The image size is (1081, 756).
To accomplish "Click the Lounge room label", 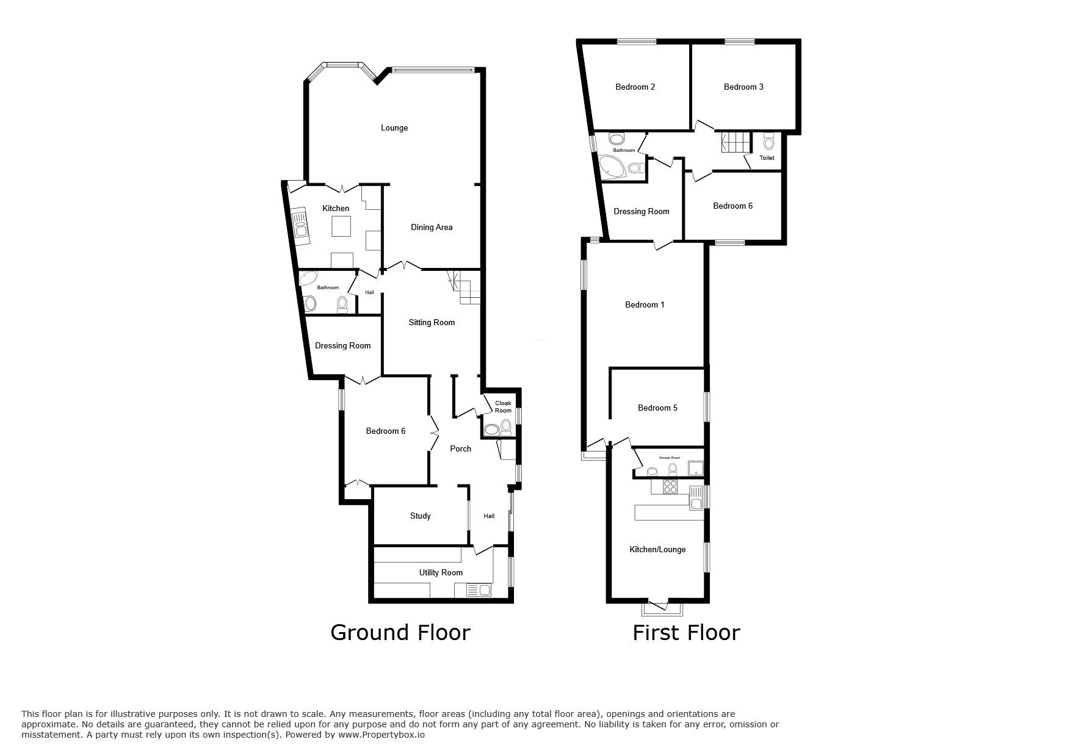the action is pyautogui.click(x=394, y=128).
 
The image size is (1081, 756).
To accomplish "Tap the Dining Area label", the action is pyautogui.click(x=432, y=228).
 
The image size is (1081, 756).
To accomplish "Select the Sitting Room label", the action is pyautogui.click(x=432, y=323).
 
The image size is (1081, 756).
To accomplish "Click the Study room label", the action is pyautogui.click(x=421, y=516).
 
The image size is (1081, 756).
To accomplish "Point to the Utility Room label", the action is pyautogui.click(x=441, y=573).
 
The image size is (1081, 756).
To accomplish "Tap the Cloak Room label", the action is pyautogui.click(x=503, y=407).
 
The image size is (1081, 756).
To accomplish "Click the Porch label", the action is pyautogui.click(x=461, y=449).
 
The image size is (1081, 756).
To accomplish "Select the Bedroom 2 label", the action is pyautogui.click(x=635, y=87).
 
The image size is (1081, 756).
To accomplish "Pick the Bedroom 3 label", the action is pyautogui.click(x=743, y=87).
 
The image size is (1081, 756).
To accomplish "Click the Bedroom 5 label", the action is pyautogui.click(x=657, y=408).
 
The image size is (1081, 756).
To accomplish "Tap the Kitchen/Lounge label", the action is pyautogui.click(x=657, y=550).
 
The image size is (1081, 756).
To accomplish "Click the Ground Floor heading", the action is pyautogui.click(x=400, y=633).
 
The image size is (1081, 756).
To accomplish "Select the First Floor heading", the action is pyautogui.click(x=686, y=633).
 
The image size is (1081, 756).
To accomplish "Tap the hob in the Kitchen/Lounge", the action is pyautogui.click(x=670, y=487).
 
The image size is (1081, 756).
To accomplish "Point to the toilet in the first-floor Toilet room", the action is pyautogui.click(x=768, y=142).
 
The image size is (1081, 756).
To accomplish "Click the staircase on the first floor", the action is pyautogui.click(x=736, y=143).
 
